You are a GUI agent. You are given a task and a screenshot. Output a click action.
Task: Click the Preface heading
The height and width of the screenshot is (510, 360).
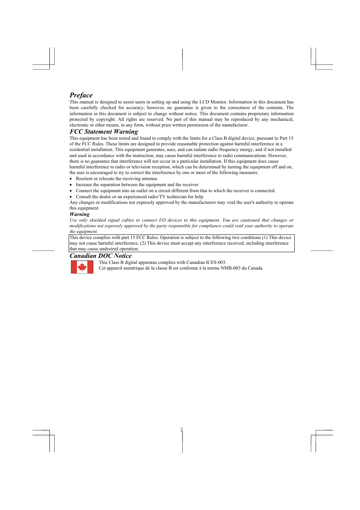coord(81,95)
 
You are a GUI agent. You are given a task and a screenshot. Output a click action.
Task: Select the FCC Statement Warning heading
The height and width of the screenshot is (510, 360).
coord(103,131)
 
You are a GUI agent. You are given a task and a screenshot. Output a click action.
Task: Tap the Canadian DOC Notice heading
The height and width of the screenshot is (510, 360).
coord(100,256)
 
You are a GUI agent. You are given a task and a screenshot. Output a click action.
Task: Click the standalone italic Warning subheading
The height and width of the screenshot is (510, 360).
coord(79,214)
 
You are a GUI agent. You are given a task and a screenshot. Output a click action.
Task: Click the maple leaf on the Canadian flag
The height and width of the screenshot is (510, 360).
coord(82,267)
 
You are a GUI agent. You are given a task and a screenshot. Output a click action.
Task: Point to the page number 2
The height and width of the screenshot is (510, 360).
coord(182,430)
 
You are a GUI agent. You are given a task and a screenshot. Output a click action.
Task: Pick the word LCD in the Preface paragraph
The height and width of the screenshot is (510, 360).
coord(204,102)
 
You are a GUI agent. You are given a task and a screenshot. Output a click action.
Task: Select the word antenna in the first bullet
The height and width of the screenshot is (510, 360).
coord(149,179)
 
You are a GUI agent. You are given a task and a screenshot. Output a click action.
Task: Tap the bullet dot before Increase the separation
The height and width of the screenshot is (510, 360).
coord(71,185)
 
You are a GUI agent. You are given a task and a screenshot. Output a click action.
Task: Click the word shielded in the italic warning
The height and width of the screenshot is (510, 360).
coord(98,220)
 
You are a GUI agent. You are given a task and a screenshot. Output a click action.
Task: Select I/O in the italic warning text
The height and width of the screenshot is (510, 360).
coord(162,220)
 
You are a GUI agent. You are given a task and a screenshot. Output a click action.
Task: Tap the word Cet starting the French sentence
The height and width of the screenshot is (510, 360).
coord(102,268)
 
